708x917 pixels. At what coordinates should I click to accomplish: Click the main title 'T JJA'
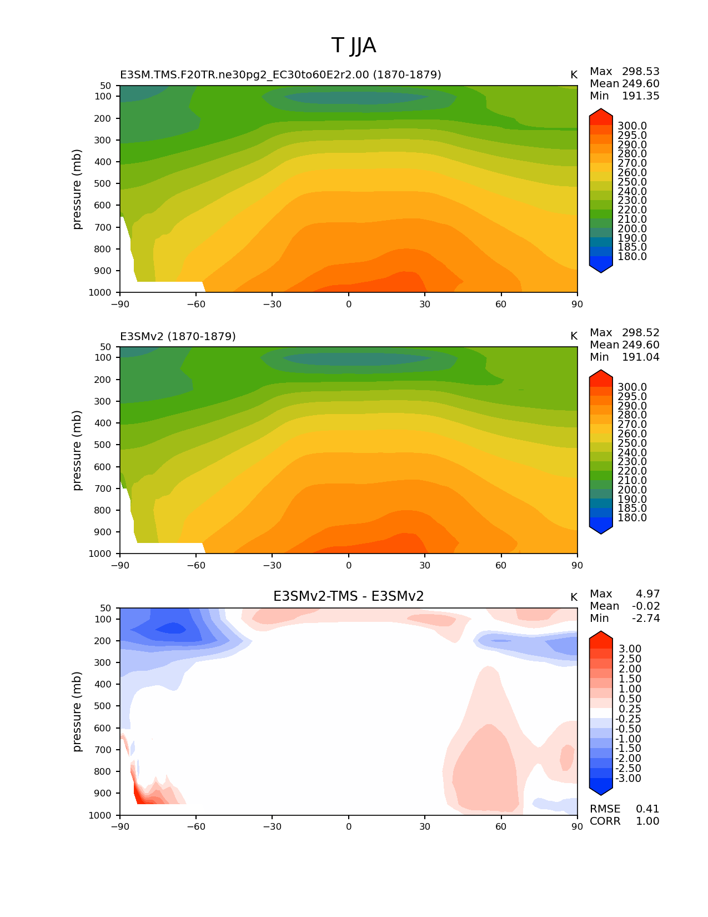354,46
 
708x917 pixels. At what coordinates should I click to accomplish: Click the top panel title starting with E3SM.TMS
280,74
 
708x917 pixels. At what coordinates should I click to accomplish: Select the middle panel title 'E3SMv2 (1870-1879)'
178,336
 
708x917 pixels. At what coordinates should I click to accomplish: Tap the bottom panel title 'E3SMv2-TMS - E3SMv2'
348,596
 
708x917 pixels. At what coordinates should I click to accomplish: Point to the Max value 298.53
640,71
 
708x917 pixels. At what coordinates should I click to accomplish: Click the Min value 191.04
640,357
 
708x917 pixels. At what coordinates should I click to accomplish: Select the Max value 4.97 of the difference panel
647,594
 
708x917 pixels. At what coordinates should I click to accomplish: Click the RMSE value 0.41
647,809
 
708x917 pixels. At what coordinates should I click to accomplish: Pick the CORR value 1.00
647,821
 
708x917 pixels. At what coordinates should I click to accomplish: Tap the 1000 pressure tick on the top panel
103,292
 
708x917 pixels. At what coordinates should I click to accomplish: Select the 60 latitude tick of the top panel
501,304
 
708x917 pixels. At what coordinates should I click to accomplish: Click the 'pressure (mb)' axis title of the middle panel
77,450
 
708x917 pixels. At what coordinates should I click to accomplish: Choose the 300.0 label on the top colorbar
632,126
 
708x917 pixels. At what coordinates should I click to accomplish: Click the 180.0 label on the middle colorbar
632,517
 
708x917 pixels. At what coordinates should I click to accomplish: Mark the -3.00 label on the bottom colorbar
629,778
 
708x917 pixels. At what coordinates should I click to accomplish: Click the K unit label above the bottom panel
574,597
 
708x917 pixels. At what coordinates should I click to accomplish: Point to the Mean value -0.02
646,606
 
